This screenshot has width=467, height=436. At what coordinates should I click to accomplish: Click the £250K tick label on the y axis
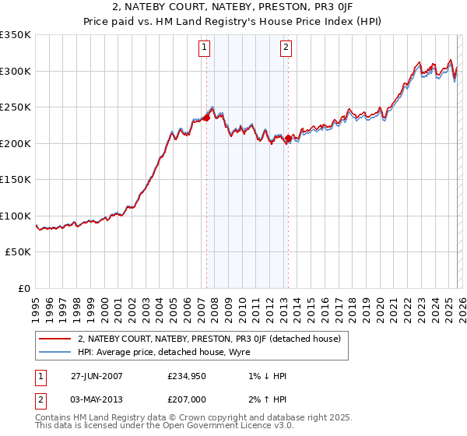coord(16,107)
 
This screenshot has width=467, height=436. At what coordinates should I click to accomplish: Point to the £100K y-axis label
coord(16,216)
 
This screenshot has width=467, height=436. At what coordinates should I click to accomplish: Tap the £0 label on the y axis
coord(23,289)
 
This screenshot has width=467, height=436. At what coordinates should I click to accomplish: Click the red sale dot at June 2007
coord(207,118)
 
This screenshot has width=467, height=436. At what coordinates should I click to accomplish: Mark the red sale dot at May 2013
coord(288,139)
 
